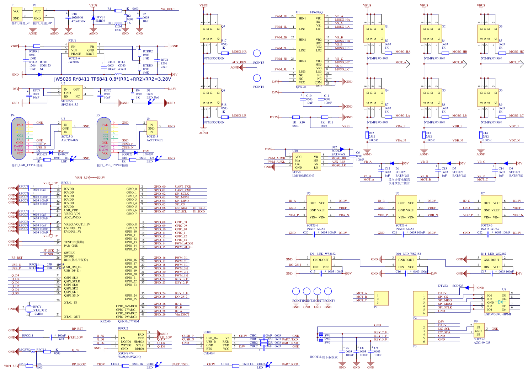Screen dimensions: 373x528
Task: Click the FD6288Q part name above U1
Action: click(x=316, y=12)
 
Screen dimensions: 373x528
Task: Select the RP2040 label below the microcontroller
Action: click(x=105, y=321)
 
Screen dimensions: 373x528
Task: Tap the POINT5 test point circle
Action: click(x=257, y=54)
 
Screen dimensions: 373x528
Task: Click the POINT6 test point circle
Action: click(x=257, y=78)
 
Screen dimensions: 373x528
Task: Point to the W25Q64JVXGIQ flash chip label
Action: click(x=129, y=357)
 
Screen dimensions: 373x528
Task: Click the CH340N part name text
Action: click(x=209, y=353)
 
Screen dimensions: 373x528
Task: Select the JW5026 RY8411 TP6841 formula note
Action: click(x=112, y=79)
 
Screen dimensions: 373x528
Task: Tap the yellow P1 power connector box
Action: click(x=16, y=14)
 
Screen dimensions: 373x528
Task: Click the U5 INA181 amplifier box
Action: click(x=317, y=210)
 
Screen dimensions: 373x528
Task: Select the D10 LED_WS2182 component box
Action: click(x=406, y=263)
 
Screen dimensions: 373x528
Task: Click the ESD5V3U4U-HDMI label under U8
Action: click(x=497, y=314)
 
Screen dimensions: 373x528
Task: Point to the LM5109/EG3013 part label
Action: click(x=303, y=175)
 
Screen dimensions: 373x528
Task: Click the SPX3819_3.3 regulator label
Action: click(x=70, y=104)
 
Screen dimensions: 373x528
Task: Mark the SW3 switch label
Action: click(x=327, y=343)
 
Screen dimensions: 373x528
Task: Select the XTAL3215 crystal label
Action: click(x=40, y=310)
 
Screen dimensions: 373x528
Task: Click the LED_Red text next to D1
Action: click(x=153, y=97)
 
